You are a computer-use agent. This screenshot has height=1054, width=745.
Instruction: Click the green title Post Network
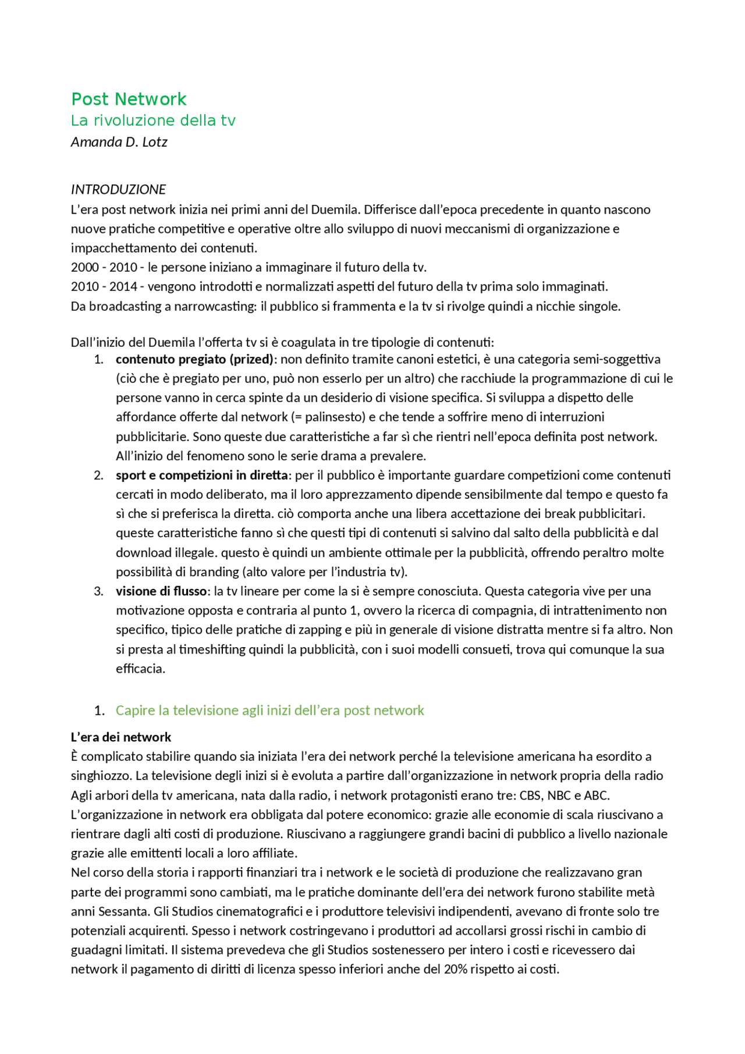[129, 99]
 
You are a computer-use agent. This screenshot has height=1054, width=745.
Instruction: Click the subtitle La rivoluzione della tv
[153, 120]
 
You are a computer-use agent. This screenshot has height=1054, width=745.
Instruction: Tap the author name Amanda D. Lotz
[119, 142]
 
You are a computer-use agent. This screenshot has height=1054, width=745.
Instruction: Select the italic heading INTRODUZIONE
[118, 189]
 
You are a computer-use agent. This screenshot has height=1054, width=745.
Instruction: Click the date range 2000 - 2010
[104, 267]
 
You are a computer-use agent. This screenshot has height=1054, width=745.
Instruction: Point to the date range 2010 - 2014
[104, 286]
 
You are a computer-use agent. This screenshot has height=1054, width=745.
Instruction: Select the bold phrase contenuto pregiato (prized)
[194, 359]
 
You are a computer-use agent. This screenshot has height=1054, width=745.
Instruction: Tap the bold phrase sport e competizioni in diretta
[201, 475]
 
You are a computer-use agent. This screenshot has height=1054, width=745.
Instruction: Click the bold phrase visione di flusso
[161, 591]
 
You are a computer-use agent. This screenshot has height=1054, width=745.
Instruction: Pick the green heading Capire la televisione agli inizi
[269, 710]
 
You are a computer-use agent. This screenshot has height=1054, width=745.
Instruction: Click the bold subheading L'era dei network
[121, 737]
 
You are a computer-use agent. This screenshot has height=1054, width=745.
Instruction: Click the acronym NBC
[559, 795]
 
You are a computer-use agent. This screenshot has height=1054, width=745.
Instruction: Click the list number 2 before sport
[98, 475]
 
